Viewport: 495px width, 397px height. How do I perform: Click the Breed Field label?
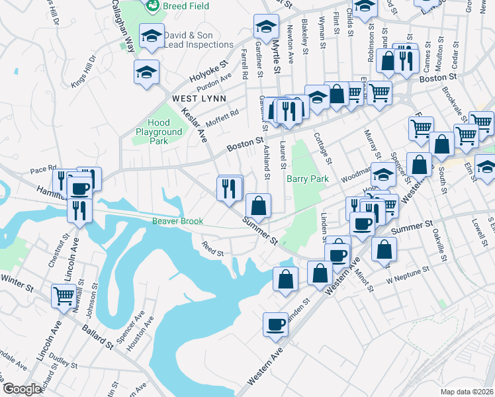[187, 6]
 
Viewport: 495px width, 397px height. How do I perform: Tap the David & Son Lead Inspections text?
[197, 40]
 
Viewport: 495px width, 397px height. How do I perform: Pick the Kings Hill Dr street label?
[84, 71]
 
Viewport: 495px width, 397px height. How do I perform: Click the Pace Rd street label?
[44, 169]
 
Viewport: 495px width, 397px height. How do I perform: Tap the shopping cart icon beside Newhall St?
[64, 296]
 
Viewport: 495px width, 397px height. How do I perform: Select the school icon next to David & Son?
[152, 36]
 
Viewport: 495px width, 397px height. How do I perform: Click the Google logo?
[22, 389]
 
